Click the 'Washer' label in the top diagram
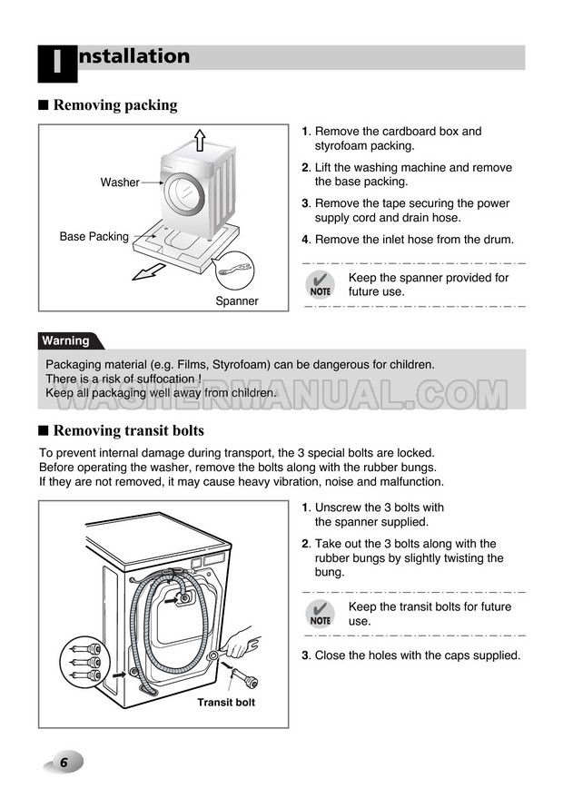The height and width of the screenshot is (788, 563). [x=120, y=182]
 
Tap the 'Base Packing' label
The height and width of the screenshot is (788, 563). [x=94, y=237]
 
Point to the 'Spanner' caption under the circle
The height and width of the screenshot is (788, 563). [x=237, y=301]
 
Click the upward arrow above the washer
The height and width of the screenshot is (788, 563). [x=200, y=140]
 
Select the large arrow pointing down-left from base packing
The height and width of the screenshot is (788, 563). [x=149, y=272]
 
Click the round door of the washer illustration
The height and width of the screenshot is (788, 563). [x=185, y=194]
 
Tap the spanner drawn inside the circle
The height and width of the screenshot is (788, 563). [x=233, y=269]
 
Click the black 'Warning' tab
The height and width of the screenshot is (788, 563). [x=69, y=340]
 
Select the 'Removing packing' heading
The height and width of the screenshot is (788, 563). [x=115, y=105]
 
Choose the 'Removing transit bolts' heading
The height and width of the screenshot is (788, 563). [x=129, y=430]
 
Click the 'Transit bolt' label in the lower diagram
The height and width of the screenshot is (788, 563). [x=226, y=703]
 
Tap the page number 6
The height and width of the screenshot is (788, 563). [x=64, y=763]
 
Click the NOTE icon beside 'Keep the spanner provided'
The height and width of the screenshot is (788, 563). [x=321, y=284]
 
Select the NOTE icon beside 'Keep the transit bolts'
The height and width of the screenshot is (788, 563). [x=321, y=614]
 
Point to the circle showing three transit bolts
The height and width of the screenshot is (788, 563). [x=84, y=663]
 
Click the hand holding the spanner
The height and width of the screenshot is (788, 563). [x=240, y=644]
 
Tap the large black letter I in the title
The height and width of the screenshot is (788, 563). [x=57, y=64]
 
